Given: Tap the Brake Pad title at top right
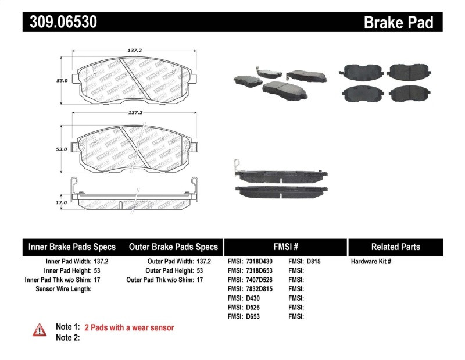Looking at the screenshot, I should [x=398, y=23].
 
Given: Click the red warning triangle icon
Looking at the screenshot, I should [x=39, y=330].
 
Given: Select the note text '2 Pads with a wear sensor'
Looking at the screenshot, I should [x=129, y=328].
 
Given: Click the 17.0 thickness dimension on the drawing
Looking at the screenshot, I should [x=62, y=202].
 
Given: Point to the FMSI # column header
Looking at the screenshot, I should [x=285, y=247].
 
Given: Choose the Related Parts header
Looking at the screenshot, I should [x=395, y=247].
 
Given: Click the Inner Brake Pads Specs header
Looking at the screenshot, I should [x=72, y=247].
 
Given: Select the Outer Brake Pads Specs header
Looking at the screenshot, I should [x=173, y=247].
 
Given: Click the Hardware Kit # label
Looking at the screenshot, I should [x=371, y=262].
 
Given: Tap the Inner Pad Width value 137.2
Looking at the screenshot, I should [x=102, y=262].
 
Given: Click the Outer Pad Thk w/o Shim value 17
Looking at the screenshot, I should [x=199, y=280].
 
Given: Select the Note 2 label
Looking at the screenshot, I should [x=67, y=338].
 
